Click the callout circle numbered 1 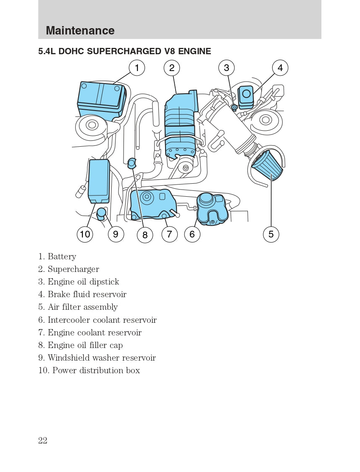(x=137, y=68)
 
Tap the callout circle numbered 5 (x=271, y=234)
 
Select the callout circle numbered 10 (x=85, y=234)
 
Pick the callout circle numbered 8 (x=145, y=235)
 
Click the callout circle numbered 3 (x=226, y=68)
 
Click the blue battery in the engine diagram (x=101, y=99)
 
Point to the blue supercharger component (x=181, y=124)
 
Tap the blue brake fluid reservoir (x=246, y=97)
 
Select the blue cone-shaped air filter (x=267, y=166)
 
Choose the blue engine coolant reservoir (x=153, y=204)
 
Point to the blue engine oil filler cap (x=132, y=163)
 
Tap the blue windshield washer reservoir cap (x=101, y=214)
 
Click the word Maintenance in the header (x=80, y=30)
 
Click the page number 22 (x=43, y=440)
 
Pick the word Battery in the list (x=62, y=256)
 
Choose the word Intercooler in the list (x=69, y=320)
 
